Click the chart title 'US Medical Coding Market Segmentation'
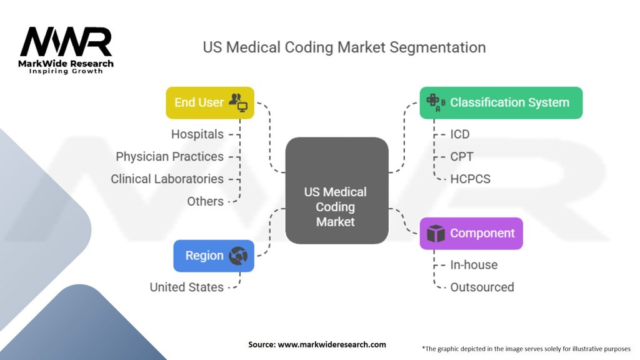[344, 47]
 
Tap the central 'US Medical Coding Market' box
[336, 191]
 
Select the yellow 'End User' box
[209, 102]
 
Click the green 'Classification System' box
[501, 102]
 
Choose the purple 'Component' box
[471, 233]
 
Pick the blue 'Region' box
[213, 256]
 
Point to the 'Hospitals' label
[197, 134]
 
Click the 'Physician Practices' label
[169, 156]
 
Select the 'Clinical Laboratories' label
[167, 179]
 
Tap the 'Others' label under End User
[205, 201]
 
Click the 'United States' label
[186, 287]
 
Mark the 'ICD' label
[460, 134]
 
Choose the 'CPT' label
[462, 156]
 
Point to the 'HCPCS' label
[470, 179]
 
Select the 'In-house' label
[474, 265]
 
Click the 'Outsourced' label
[482, 287]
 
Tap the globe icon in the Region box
[238, 256]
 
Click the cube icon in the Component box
[435, 234]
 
